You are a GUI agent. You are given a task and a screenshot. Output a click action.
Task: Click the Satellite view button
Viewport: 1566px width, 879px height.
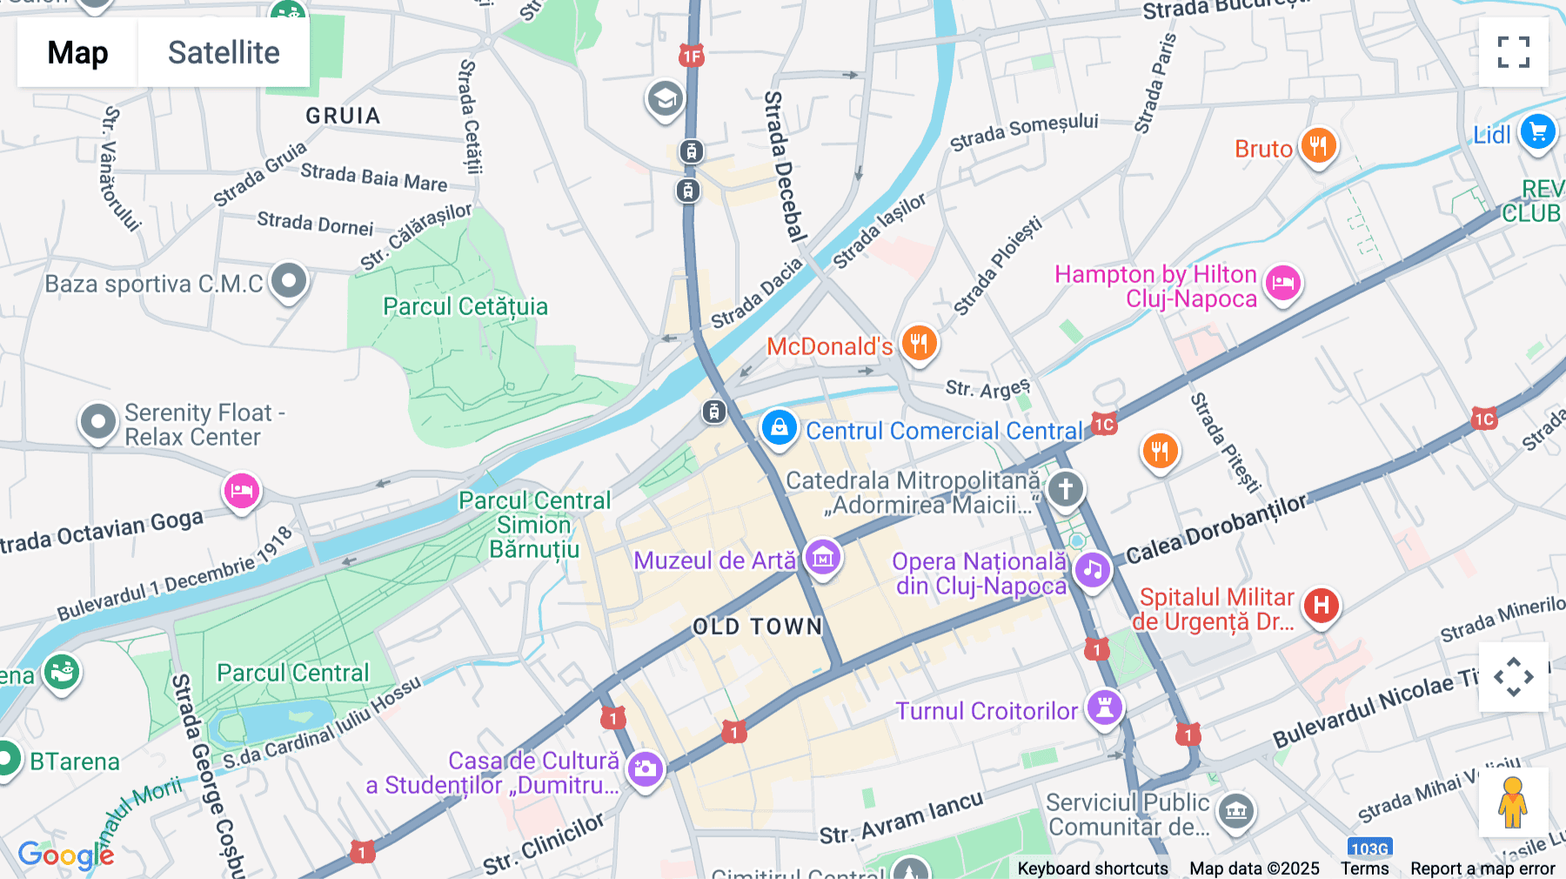click(224, 53)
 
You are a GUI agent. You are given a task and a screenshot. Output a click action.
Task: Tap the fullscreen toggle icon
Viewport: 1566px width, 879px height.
click(1513, 52)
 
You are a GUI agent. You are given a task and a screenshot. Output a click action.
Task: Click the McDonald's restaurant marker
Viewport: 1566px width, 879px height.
click(919, 342)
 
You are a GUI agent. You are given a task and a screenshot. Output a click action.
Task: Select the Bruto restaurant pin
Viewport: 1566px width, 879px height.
click(1318, 145)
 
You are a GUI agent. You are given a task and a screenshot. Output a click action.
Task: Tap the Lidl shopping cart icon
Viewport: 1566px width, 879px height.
click(1537, 132)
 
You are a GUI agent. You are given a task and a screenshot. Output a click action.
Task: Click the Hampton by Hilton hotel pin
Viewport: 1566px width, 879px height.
click(1283, 283)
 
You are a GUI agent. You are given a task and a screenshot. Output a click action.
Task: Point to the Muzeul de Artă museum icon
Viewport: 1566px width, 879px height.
click(822, 557)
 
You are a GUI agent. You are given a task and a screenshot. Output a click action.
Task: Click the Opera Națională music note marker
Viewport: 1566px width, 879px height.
click(1093, 570)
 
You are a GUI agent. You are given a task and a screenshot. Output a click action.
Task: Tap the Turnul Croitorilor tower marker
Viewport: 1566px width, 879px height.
click(1104, 707)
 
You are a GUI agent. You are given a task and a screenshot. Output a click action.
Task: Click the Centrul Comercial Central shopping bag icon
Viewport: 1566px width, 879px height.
click(779, 427)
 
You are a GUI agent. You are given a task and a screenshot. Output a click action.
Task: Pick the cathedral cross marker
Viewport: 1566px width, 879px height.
click(1065, 488)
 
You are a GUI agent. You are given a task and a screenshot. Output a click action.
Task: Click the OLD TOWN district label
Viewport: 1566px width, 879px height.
click(757, 627)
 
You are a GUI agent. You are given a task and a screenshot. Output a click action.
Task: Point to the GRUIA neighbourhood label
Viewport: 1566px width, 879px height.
click(343, 116)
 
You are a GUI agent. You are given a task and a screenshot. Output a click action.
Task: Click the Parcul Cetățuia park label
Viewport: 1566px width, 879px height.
click(465, 306)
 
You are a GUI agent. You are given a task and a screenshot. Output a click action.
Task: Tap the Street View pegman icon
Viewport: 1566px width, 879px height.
click(1512, 802)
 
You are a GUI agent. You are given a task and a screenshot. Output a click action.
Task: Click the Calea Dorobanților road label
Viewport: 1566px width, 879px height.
click(1216, 530)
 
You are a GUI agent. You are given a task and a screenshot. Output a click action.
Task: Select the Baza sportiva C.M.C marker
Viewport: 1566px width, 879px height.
click(288, 281)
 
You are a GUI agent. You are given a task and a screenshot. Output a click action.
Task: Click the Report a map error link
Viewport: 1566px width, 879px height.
click(1482, 869)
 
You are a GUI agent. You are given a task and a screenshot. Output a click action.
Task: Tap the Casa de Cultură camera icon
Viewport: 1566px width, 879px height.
click(645, 768)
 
